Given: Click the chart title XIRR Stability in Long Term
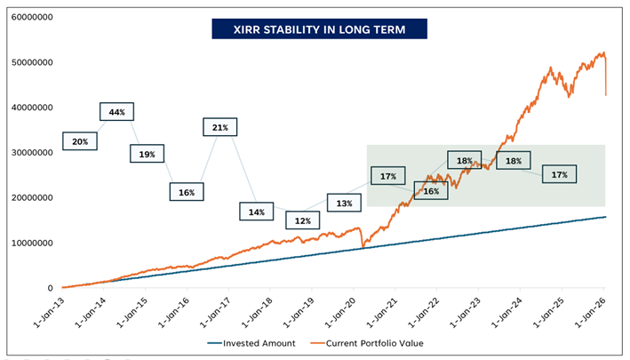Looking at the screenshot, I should pyautogui.click(x=319, y=29).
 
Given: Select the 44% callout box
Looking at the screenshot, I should pyautogui.click(x=116, y=112).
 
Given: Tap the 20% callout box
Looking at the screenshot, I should pyautogui.click(x=80, y=141).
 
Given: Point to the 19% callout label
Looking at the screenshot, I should pyautogui.click(x=148, y=154).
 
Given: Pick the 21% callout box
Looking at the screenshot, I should pyautogui.click(x=220, y=128).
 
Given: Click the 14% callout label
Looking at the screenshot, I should pyautogui.click(x=257, y=212).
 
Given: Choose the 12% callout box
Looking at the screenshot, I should pyautogui.click(x=303, y=220).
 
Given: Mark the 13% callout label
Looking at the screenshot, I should pyautogui.click(x=345, y=204).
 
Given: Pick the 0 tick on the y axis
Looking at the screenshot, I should pyautogui.click(x=50, y=288).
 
